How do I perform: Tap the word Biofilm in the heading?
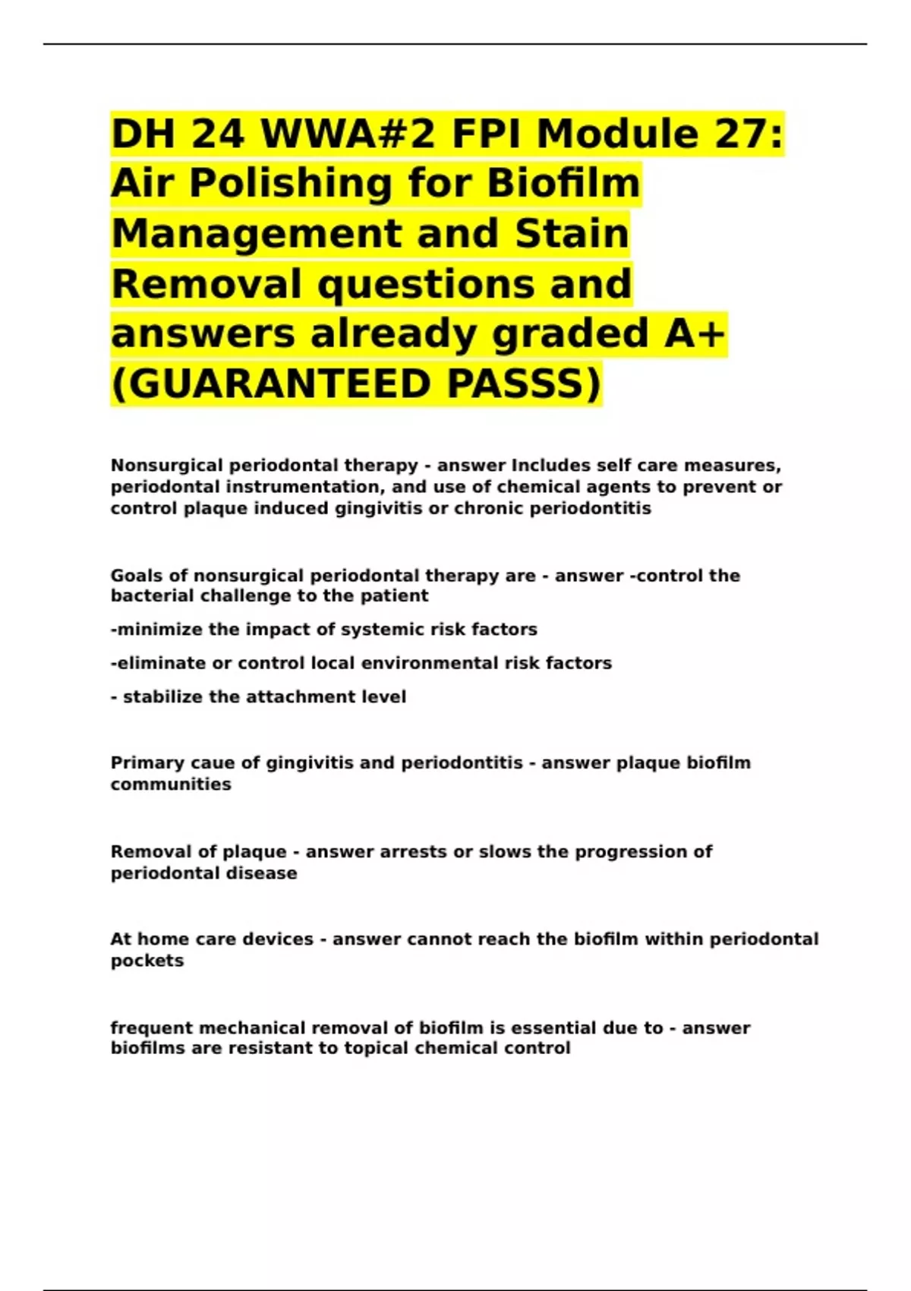[563, 183]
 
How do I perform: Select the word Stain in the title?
[572, 233]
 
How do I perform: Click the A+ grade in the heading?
[695, 333]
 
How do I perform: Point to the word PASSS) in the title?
[524, 384]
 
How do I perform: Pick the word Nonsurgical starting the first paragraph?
[167, 465]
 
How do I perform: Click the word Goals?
[137, 576]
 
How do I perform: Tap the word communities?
[171, 784]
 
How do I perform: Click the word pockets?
[147, 961]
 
